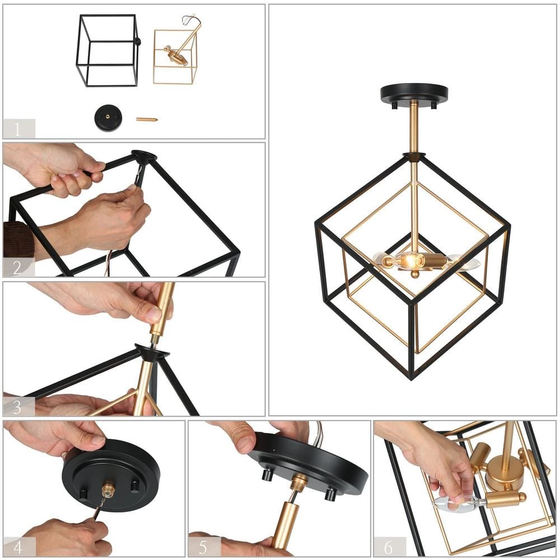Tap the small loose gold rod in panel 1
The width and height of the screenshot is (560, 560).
pyautogui.click(x=147, y=119)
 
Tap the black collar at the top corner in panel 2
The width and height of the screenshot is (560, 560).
pyautogui.click(x=143, y=156)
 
